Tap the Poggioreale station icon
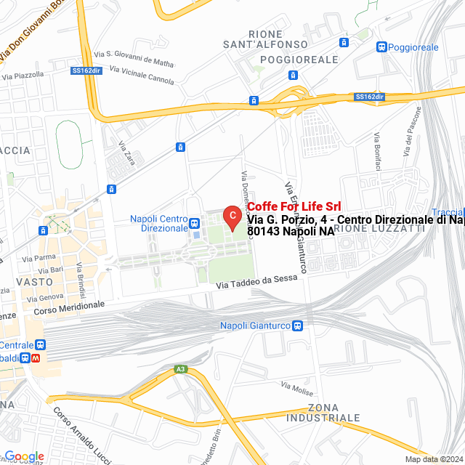(382, 47)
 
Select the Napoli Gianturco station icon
(298, 325)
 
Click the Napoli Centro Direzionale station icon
(194, 222)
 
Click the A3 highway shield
(180, 369)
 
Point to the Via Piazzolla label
(23, 75)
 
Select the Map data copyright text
(434, 459)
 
